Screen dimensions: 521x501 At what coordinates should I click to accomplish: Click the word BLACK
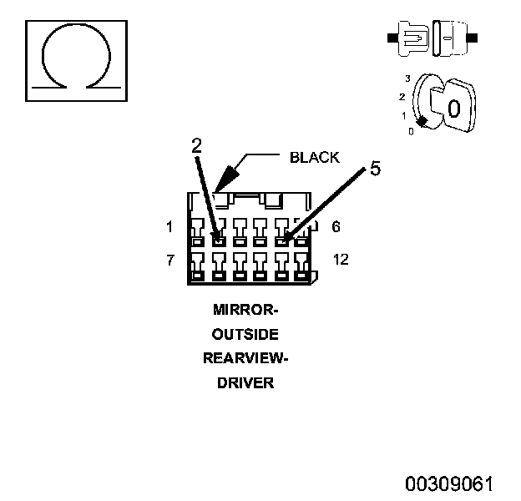(315, 158)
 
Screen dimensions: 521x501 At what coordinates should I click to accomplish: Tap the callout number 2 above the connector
(197, 145)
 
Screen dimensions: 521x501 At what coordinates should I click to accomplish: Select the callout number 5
(375, 168)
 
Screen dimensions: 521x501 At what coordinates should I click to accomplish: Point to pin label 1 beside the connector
(169, 227)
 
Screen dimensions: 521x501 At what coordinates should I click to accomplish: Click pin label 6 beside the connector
(336, 226)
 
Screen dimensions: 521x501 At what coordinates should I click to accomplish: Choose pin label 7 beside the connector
(170, 260)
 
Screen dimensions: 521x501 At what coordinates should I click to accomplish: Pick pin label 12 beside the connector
(341, 259)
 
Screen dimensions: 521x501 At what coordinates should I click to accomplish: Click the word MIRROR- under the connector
(245, 310)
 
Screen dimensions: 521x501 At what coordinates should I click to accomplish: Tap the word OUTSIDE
(245, 334)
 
